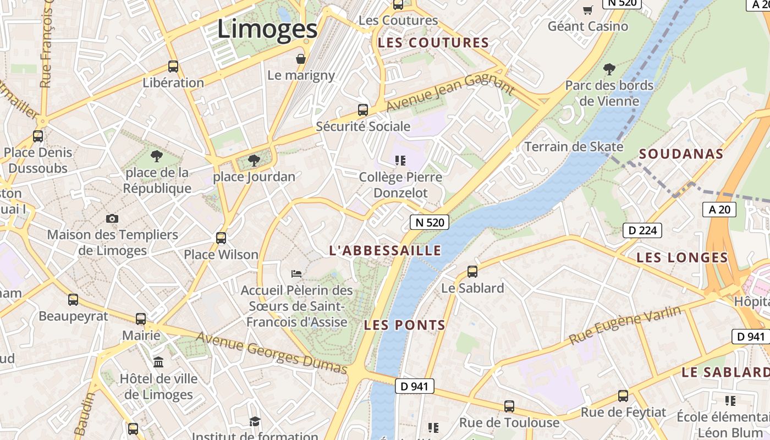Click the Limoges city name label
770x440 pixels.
(267, 29)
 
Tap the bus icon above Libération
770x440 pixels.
(173, 67)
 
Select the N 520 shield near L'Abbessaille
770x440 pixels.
(429, 222)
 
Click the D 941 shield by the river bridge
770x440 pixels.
(414, 386)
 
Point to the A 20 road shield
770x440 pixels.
(719, 209)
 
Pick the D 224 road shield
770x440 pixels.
(642, 230)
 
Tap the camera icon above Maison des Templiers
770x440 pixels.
(112, 218)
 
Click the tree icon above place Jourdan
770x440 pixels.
(254, 161)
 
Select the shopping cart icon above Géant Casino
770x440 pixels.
(588, 10)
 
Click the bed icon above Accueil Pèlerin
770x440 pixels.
(296, 273)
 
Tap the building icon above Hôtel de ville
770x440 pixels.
(159, 362)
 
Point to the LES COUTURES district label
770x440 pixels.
(433, 43)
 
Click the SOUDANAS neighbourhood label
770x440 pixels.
(681, 154)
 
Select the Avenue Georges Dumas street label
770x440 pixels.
(272, 352)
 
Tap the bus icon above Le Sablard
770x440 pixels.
(472, 271)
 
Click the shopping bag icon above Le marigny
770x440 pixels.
(301, 59)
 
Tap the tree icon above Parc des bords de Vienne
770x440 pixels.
(609, 69)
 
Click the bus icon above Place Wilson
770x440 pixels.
(221, 238)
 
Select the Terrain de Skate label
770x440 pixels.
(574, 147)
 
